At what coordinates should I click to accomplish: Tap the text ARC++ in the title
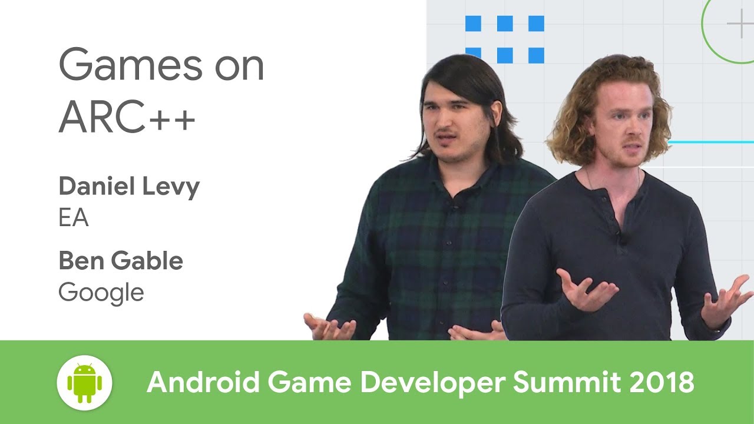pyautogui.click(x=126, y=117)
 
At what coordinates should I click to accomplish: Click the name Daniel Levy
pyautogui.click(x=129, y=187)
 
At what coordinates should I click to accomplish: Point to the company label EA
pyautogui.click(x=73, y=218)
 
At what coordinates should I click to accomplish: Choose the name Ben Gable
pyautogui.click(x=121, y=261)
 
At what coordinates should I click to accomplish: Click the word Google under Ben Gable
pyautogui.click(x=101, y=293)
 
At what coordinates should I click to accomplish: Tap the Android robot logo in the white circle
pyautogui.click(x=85, y=383)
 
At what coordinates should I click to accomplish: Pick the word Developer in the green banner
pyautogui.click(x=434, y=383)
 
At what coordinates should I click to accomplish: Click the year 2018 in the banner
pyautogui.click(x=660, y=383)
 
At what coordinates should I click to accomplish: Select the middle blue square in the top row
pyautogui.click(x=504, y=24)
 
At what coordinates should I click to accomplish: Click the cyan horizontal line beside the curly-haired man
pyautogui.click(x=713, y=142)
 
